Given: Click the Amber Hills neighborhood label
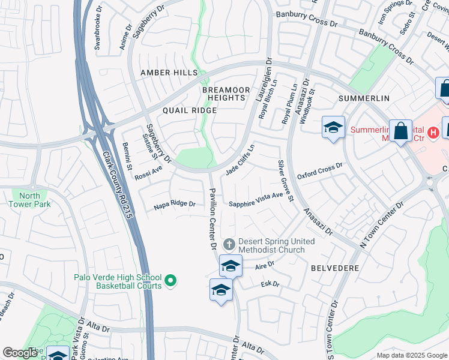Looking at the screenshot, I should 169,73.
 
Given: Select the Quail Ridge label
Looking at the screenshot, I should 189,111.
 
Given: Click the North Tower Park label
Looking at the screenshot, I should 30,200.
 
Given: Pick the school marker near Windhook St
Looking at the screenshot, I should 333,127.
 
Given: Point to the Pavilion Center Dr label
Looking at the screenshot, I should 212,217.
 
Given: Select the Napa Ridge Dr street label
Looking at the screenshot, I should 175,204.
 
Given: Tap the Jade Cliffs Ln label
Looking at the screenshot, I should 240,160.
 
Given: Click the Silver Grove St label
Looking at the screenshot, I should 285,181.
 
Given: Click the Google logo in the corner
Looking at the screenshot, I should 20,353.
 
